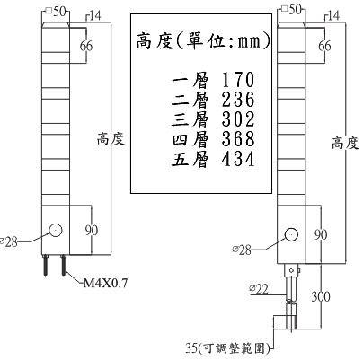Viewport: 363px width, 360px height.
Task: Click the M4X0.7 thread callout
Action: [x=105, y=283]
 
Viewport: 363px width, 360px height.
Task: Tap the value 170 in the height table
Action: [x=238, y=80]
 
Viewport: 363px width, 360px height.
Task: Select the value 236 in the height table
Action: [x=238, y=100]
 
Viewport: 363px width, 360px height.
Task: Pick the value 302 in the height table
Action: [x=238, y=119]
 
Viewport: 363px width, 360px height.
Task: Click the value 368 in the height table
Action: [x=238, y=139]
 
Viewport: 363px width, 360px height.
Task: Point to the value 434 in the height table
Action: [x=238, y=159]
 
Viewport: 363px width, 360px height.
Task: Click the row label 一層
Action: [x=190, y=80]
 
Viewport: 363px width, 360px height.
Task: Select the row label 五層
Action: [x=190, y=159]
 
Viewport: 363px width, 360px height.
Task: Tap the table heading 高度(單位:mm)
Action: [x=203, y=41]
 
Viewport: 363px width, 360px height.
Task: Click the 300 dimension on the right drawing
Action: [x=321, y=296]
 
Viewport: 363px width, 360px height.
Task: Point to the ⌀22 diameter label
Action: [x=259, y=289]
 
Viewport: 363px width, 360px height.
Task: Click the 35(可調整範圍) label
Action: [x=227, y=348]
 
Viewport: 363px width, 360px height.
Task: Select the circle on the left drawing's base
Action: [x=56, y=231]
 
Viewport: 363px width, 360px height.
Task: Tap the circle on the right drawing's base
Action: [x=291, y=234]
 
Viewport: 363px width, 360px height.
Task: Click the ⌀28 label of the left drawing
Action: [x=9, y=241]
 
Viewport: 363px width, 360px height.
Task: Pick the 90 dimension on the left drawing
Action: [x=91, y=230]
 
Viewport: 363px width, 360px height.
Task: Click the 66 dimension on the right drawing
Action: [x=324, y=46]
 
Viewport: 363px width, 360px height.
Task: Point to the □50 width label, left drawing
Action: [x=56, y=12]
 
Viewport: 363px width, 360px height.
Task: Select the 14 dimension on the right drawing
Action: [x=334, y=15]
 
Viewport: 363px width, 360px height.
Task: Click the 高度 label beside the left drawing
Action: [x=111, y=139]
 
